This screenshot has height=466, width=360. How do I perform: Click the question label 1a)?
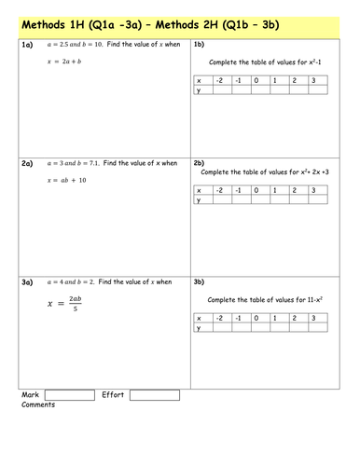click(28, 45)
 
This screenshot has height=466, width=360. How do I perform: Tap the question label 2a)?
click(28, 163)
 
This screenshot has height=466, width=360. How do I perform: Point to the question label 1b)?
click(199, 45)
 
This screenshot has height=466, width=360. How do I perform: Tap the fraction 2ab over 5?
click(77, 303)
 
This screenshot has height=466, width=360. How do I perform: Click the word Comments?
click(37, 405)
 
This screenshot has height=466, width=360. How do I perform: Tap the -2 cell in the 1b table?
click(218, 81)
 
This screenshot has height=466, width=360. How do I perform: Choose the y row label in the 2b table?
click(199, 199)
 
